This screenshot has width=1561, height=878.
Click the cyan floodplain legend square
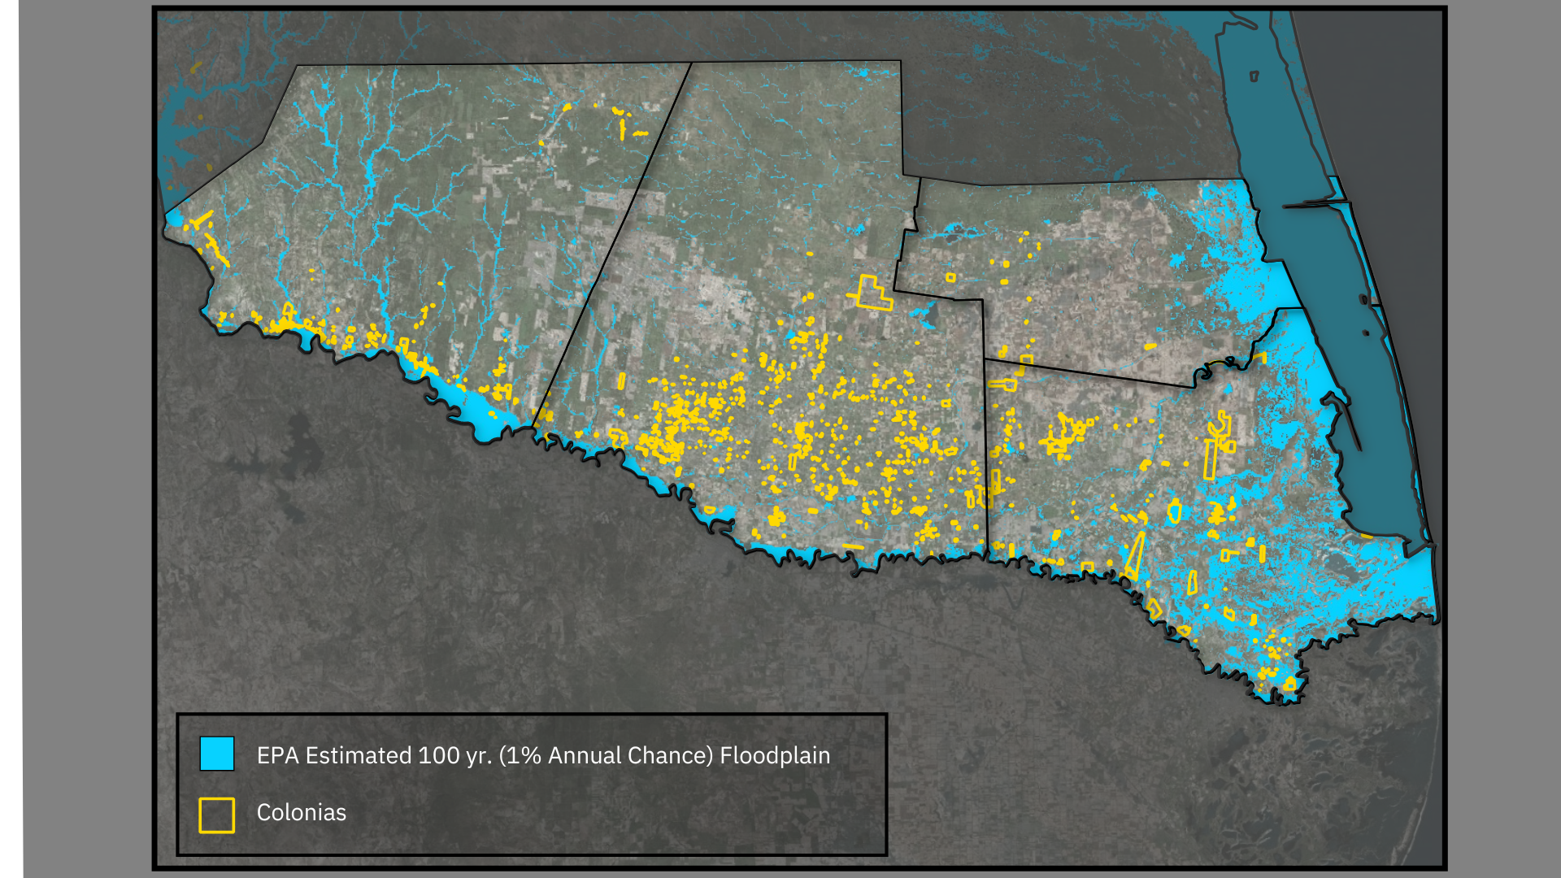click(217, 754)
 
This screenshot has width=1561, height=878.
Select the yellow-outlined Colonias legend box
click(217, 815)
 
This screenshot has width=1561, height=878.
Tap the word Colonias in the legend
click(301, 812)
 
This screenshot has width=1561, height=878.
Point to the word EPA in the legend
click(277, 755)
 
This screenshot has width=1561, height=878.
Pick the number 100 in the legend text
click(438, 755)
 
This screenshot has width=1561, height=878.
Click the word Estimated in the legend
click(359, 755)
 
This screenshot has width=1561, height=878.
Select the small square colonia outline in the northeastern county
click(950, 278)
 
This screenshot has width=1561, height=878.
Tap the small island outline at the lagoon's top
click(1254, 76)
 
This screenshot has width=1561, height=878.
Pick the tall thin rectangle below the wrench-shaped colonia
click(1210, 459)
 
